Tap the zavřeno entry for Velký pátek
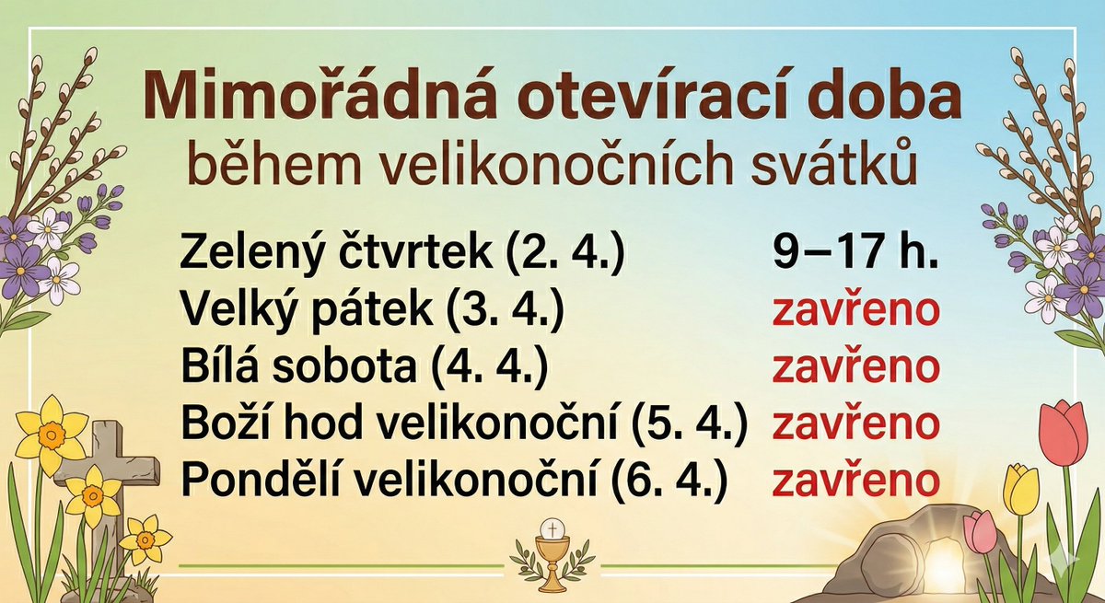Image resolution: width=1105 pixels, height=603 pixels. point(855,311)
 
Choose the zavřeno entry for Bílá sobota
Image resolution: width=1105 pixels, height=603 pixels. point(855,367)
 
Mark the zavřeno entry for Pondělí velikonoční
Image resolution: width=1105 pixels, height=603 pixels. point(855,480)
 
